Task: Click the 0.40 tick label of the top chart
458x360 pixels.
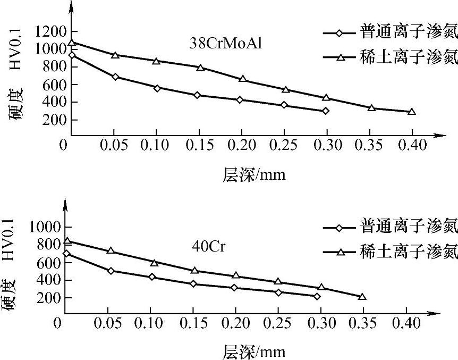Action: (x=411, y=145)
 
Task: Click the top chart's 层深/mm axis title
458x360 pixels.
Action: (x=254, y=174)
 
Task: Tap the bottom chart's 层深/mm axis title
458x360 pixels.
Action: (x=254, y=351)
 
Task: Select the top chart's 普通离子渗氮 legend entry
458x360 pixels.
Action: (x=391, y=32)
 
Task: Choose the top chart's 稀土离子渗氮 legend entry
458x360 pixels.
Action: (x=391, y=57)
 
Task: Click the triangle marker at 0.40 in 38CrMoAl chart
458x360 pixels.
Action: (x=411, y=112)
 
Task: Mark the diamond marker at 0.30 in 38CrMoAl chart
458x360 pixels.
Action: (x=326, y=111)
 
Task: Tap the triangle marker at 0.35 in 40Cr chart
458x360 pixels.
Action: (x=362, y=297)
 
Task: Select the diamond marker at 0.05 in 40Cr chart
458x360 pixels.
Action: (x=110, y=271)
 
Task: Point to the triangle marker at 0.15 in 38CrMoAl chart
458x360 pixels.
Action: (x=200, y=68)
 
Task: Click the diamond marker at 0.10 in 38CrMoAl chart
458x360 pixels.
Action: (x=157, y=88)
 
